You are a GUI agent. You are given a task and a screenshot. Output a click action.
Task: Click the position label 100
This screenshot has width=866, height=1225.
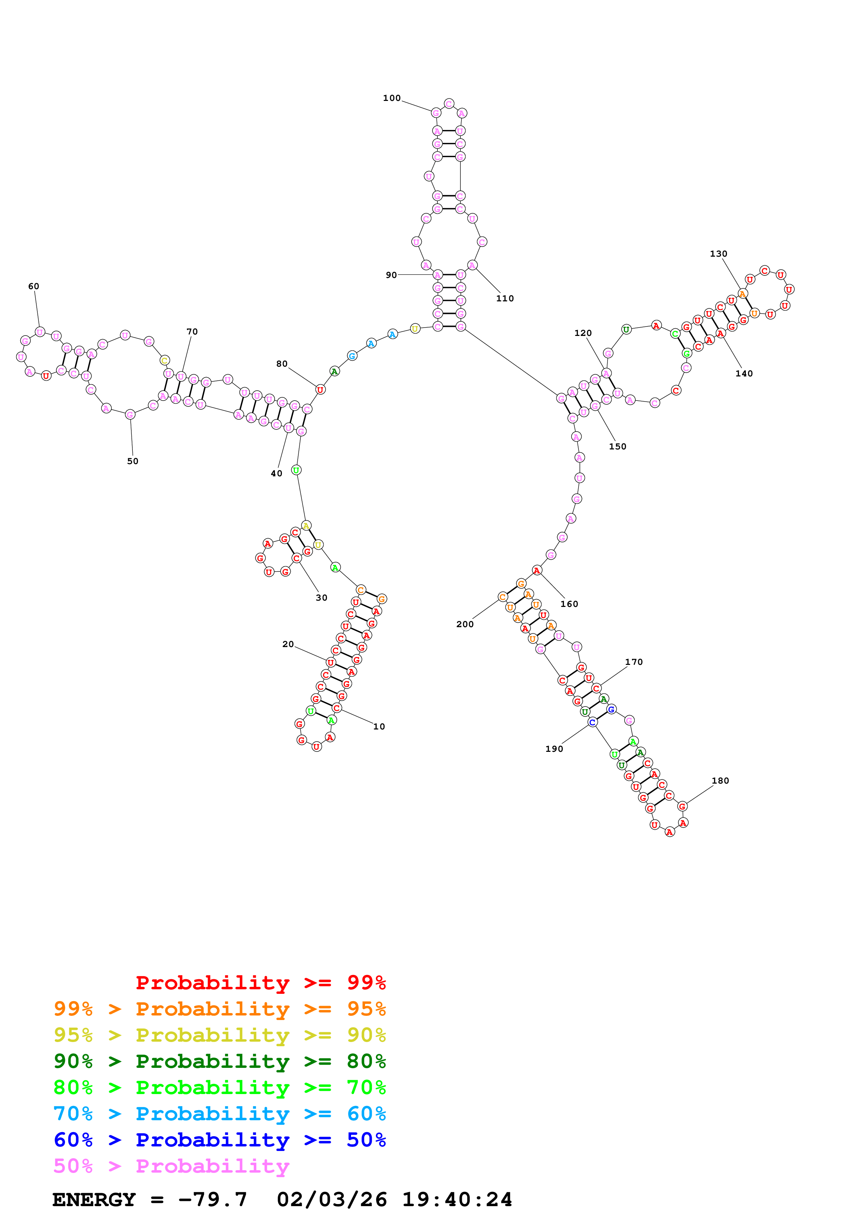392,98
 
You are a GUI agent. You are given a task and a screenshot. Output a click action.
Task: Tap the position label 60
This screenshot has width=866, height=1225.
34,286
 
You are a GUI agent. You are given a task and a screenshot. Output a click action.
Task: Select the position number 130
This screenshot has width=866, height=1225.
718,254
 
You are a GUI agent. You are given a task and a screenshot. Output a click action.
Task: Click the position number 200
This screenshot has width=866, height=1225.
465,624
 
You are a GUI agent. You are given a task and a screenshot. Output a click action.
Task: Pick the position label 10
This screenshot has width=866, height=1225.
379,727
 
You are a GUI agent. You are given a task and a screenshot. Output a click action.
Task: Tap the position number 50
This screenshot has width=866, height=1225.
133,462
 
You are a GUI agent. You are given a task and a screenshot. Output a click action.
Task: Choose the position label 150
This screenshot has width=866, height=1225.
617,447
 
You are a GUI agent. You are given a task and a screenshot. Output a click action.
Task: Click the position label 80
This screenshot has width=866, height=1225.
282,364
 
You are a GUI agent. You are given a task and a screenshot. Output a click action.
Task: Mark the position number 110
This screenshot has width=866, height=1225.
505,299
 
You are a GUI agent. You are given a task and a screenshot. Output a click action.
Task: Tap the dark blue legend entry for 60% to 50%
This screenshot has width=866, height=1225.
219,1140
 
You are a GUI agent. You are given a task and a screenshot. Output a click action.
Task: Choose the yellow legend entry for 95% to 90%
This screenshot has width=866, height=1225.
219,1035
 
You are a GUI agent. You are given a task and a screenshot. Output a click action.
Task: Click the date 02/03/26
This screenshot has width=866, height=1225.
332,1200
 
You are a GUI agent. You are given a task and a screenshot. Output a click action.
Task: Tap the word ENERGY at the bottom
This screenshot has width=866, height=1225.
94,1200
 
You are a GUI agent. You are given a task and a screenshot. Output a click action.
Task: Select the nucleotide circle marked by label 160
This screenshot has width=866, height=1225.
537,570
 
